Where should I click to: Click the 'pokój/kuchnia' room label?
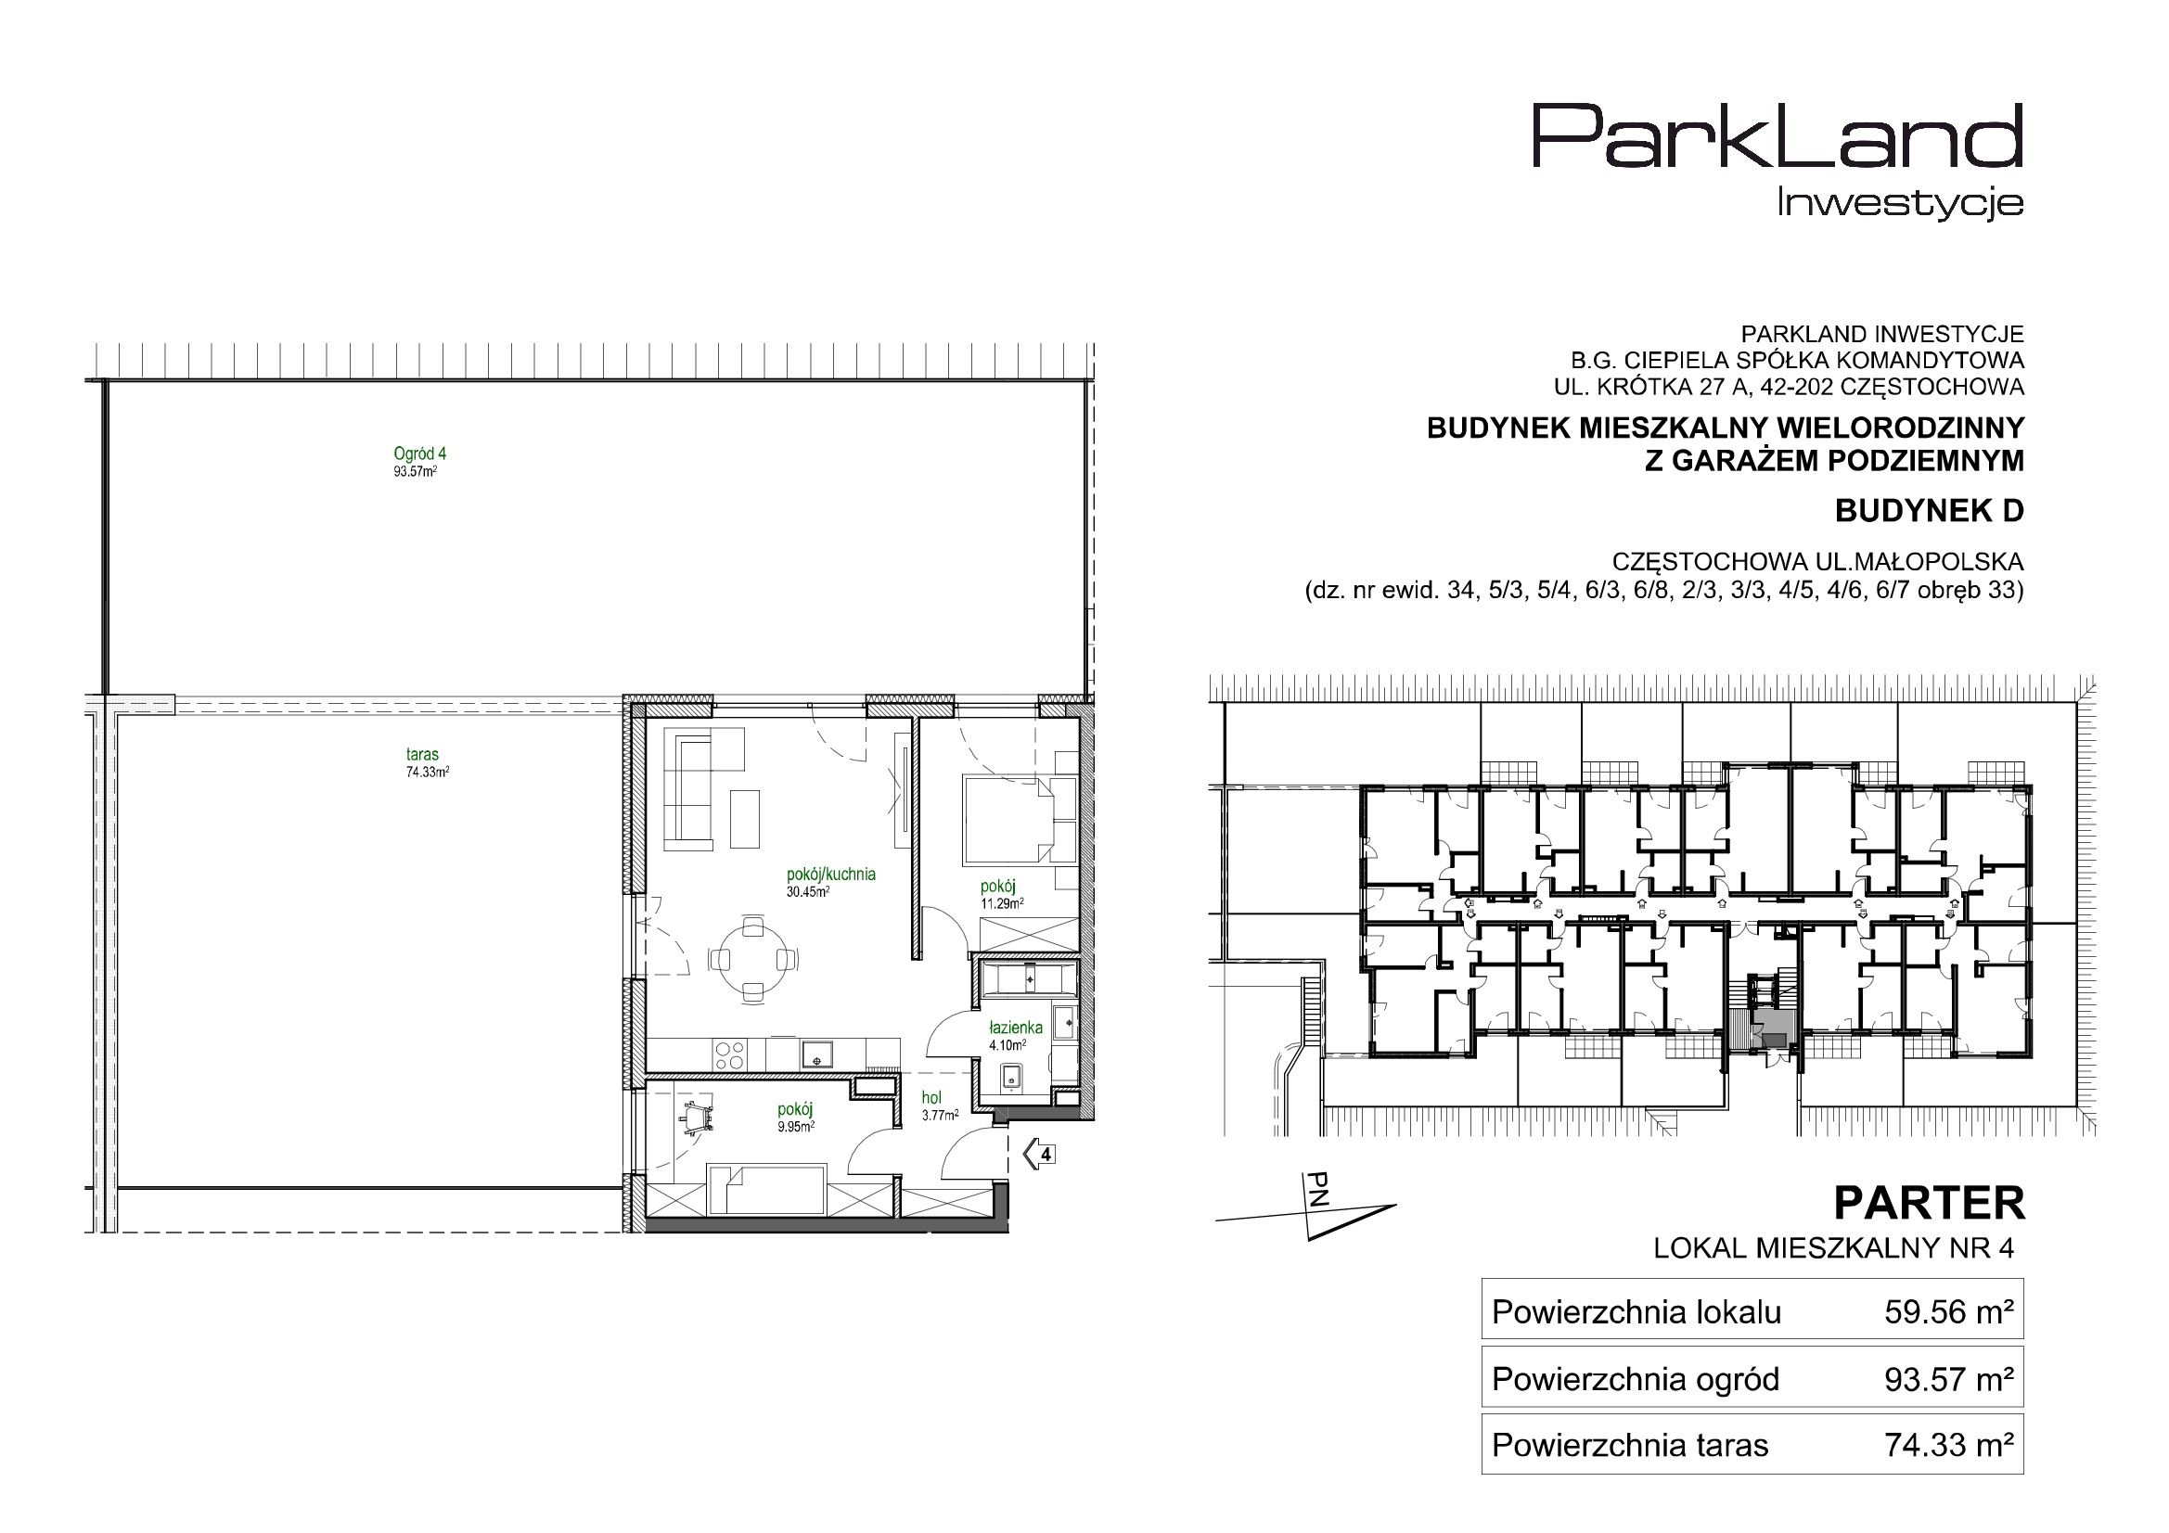tap(830, 875)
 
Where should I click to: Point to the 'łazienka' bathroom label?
tap(1016, 1028)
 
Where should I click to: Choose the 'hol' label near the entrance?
tap(931, 1097)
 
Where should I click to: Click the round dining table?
tap(752, 959)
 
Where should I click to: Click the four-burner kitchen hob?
tap(727, 1054)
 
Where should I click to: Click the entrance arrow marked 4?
tap(1040, 1154)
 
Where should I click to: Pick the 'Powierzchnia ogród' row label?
tap(1636, 1380)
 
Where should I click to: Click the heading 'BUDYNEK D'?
tap(1929, 511)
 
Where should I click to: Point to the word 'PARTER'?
tap(1929, 1205)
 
